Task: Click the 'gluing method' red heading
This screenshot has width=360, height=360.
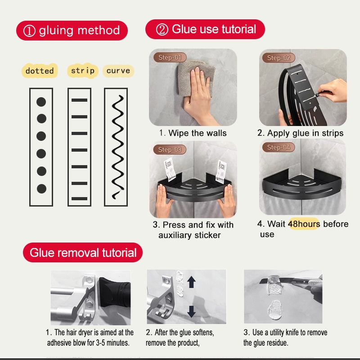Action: (72, 31)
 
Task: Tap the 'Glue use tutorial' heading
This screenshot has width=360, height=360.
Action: (205, 30)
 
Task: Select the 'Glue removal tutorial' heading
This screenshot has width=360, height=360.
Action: (83, 253)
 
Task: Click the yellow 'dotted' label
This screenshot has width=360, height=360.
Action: (40, 71)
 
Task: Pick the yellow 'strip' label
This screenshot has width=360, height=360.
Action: (83, 71)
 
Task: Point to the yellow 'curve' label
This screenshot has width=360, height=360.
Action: (118, 71)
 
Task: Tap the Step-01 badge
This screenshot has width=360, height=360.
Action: (170, 58)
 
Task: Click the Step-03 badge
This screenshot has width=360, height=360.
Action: (170, 149)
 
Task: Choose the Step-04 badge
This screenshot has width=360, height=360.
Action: (279, 148)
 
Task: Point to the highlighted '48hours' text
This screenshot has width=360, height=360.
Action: (304, 224)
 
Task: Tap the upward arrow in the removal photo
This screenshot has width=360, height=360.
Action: (192, 282)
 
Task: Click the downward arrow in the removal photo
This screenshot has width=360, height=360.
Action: (192, 311)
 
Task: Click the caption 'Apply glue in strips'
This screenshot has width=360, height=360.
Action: (300, 133)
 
